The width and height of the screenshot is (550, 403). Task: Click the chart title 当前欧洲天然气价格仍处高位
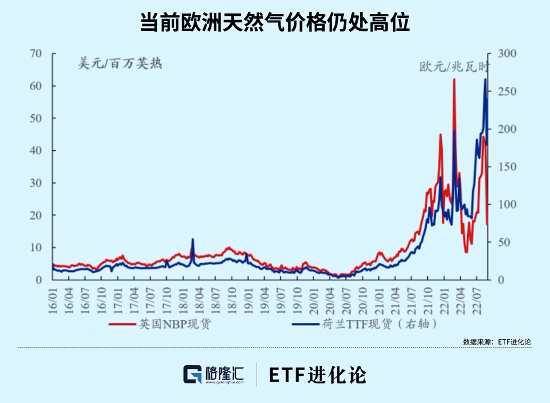tap(275, 23)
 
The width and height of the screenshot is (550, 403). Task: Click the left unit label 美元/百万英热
tap(120, 64)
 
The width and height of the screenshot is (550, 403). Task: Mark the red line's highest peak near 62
tap(454, 79)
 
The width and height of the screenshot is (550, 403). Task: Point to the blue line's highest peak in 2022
tap(485, 80)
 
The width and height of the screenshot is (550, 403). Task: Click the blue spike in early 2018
tap(192, 239)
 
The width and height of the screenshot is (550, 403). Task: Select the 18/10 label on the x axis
tap(233, 302)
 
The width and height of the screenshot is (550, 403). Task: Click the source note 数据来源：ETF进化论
tap(497, 341)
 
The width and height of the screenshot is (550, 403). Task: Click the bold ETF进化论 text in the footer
tap(317, 375)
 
